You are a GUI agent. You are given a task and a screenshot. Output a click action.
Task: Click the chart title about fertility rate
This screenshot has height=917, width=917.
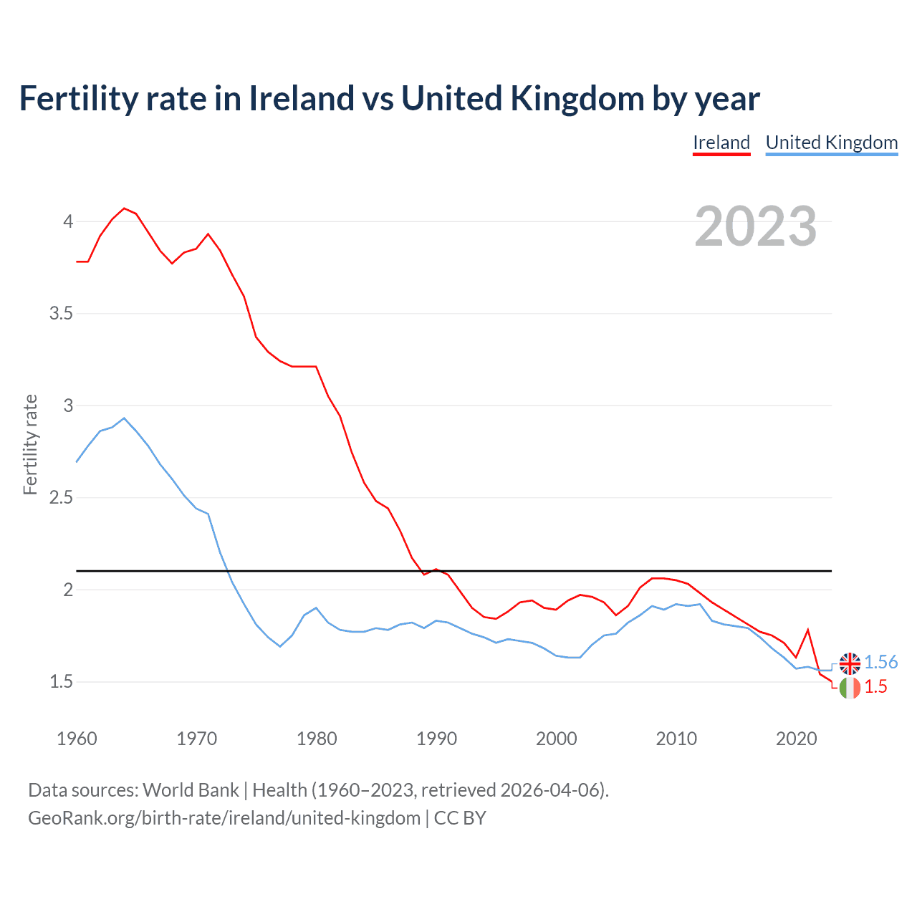click(389, 98)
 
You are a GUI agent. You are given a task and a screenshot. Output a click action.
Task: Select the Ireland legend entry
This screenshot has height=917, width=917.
click(721, 143)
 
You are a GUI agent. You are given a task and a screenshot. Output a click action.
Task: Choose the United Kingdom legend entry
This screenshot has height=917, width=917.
click(832, 143)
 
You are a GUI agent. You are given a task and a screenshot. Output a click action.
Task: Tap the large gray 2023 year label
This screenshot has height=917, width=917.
click(756, 226)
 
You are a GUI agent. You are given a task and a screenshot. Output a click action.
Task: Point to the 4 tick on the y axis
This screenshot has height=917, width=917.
click(68, 221)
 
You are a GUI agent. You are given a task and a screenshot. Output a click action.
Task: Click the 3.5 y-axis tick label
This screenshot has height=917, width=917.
click(62, 314)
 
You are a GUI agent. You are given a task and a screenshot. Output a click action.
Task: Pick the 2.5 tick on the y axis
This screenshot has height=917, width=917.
click(62, 498)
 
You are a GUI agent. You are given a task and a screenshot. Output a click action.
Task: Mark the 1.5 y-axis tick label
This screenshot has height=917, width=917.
click(62, 682)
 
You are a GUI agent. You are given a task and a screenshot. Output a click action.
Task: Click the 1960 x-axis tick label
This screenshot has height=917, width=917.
click(77, 739)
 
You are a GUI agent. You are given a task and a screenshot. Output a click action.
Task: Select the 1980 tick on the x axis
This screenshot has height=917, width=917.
click(317, 739)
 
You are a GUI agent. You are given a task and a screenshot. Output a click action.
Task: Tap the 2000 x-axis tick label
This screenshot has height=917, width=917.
click(557, 739)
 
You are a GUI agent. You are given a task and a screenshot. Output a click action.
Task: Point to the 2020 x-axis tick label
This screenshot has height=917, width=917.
click(796, 739)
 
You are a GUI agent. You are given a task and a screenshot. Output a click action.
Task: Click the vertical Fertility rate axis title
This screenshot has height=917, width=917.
click(30, 444)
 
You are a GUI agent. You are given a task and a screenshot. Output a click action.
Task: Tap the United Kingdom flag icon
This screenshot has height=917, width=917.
click(850, 663)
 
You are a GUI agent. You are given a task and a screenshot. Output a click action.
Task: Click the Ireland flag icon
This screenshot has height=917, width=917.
click(850, 688)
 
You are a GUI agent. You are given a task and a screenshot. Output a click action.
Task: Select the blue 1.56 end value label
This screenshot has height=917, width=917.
click(880, 663)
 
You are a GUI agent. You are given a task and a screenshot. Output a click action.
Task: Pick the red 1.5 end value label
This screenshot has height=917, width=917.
click(875, 687)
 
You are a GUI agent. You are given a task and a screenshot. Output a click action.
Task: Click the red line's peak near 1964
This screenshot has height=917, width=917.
click(124, 208)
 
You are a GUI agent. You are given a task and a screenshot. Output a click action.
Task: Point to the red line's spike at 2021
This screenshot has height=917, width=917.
click(808, 630)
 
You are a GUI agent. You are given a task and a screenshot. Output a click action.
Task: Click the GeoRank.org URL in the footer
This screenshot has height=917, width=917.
click(224, 818)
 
